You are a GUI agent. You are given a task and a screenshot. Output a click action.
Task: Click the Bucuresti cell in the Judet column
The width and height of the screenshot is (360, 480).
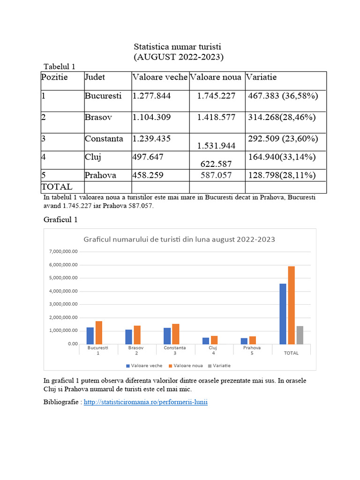[103, 96]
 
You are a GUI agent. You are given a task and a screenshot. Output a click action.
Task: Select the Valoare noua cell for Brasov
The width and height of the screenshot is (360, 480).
[216, 117]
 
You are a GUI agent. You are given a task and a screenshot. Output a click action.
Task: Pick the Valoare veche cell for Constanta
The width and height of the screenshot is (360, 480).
[152, 139]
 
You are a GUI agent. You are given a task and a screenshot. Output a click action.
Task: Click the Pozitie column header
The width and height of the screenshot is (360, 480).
[54, 77]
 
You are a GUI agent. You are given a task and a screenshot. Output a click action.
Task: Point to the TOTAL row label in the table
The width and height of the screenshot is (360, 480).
[57, 187]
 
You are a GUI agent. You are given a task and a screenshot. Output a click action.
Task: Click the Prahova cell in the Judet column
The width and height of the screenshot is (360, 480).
[100, 175]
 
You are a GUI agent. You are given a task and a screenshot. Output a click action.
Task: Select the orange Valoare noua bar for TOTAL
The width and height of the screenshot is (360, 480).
[291, 305]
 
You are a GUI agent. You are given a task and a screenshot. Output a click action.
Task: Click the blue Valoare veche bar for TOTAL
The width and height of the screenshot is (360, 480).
[283, 314]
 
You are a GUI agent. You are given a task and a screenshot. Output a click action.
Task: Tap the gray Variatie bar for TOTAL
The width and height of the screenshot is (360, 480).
[300, 335]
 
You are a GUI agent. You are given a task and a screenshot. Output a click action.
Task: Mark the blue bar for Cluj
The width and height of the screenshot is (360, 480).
[205, 341]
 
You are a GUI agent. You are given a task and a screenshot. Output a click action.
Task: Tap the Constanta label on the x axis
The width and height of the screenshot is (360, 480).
[175, 348]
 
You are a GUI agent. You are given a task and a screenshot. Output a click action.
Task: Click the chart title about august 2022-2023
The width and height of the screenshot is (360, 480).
[179, 239]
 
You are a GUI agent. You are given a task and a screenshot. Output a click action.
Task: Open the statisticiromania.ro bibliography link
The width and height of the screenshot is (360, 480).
[145, 402]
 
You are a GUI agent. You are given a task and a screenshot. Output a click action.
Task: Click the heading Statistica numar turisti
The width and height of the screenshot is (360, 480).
[177, 47]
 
